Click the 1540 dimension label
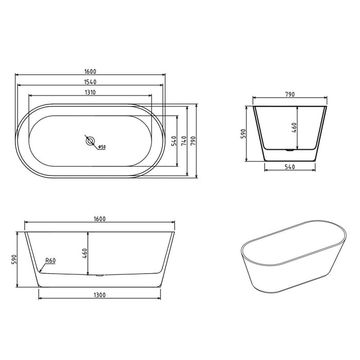[91, 82]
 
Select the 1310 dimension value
[91, 92]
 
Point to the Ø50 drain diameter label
[102, 148]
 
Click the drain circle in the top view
[91, 140]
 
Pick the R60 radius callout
[50, 261]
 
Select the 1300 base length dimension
[100, 295]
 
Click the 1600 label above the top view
[91, 71]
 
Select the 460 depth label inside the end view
[294, 127]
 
